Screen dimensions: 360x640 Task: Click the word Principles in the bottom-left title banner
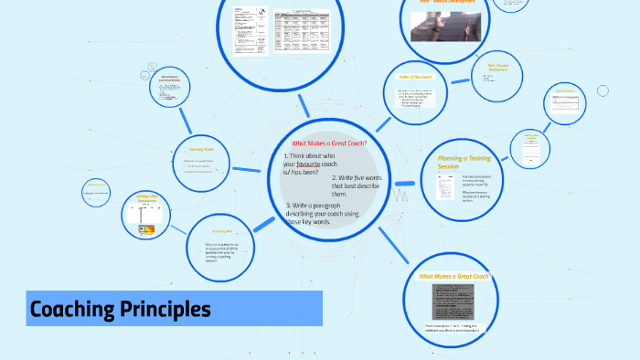pyautogui.click(x=164, y=310)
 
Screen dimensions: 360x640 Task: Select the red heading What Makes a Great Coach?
pyautogui.click(x=328, y=143)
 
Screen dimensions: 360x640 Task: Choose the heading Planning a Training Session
pyautogui.click(x=465, y=162)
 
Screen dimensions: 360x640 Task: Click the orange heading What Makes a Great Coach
pyautogui.click(x=453, y=276)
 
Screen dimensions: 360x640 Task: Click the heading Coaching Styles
pyautogui.click(x=201, y=149)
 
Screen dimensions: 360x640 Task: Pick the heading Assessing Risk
pyautogui.click(x=225, y=231)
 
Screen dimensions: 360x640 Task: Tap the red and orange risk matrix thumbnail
pyautogui.click(x=146, y=230)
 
